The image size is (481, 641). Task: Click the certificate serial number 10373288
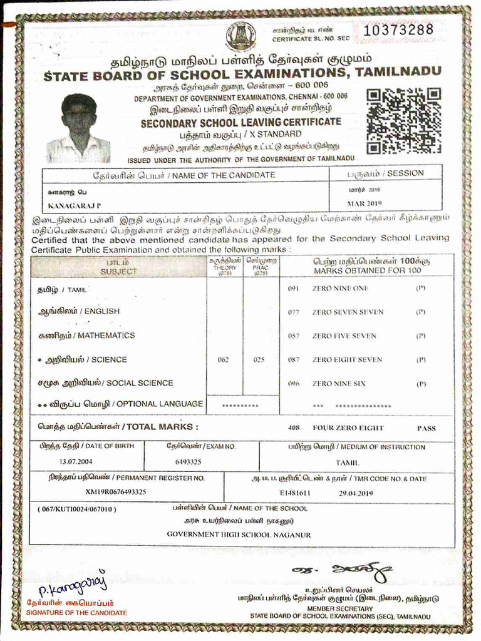point(398,29)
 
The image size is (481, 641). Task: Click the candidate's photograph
point(79,128)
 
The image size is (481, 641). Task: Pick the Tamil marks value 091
point(294,289)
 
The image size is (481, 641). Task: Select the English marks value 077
point(294,312)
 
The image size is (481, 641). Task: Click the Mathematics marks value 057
point(294,336)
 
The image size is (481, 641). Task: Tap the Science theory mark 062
point(224,360)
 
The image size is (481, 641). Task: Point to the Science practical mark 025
point(259,360)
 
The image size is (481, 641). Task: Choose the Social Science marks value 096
point(294,383)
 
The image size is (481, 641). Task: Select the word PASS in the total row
point(427,428)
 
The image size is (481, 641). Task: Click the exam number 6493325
point(189,462)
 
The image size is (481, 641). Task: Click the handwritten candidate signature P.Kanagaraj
point(73,587)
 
